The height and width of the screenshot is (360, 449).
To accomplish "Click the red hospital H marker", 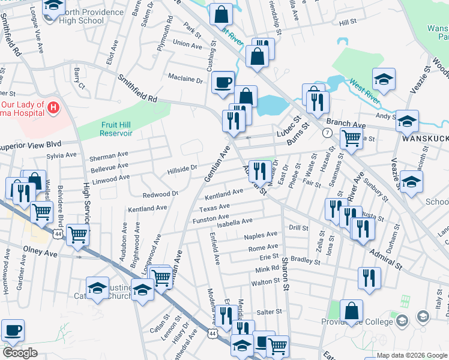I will point(53,108).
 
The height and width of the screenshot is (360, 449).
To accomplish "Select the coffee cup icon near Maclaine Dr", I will point(223,82).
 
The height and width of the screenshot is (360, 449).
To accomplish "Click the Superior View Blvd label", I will point(31,145).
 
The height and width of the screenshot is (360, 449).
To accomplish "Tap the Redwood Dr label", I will point(160,194).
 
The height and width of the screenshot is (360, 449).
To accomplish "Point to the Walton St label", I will point(266,282).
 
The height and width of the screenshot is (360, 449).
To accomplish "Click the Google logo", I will point(20,353).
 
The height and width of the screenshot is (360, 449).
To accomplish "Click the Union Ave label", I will point(187,44).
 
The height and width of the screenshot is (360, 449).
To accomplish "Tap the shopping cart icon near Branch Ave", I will point(351,138).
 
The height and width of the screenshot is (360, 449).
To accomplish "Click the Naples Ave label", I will point(261,235).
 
